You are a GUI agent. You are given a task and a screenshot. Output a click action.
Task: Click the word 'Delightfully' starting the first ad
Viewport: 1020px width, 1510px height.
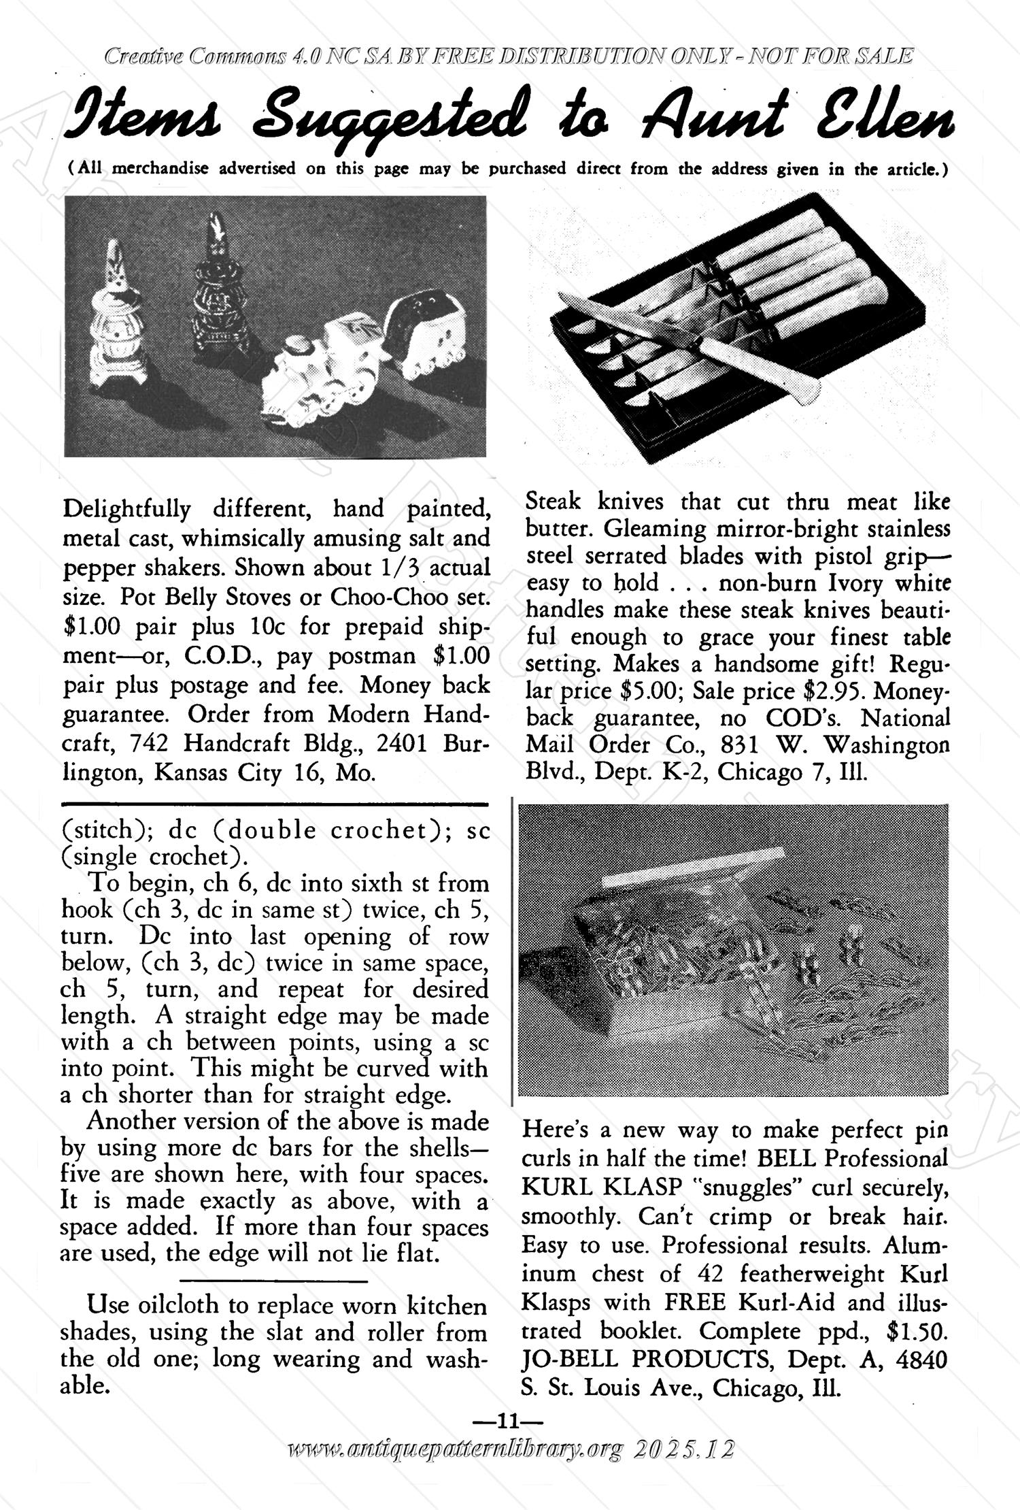(126, 508)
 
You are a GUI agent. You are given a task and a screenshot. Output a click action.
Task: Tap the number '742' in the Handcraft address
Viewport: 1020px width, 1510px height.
(149, 743)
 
